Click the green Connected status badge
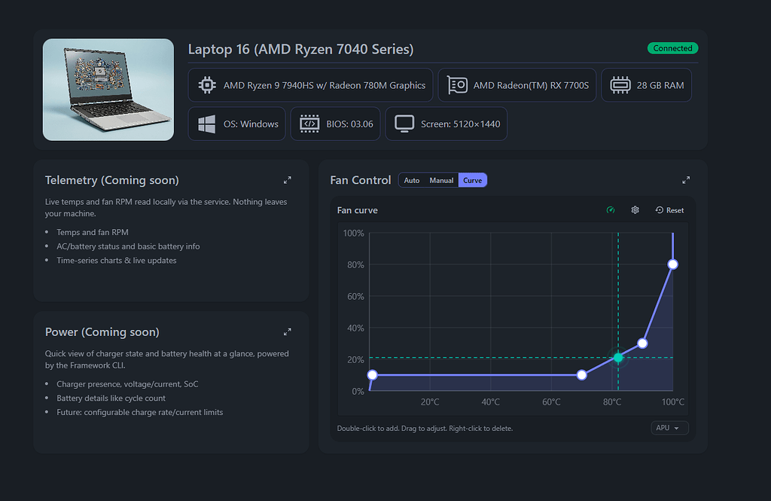tap(672, 48)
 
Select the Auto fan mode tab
tap(412, 180)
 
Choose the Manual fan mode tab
tap(441, 180)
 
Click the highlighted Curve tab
tap(473, 180)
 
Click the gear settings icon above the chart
tap(635, 210)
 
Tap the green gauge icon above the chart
tap(611, 210)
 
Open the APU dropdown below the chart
tap(669, 428)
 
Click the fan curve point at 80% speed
tap(672, 264)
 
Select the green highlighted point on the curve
tap(618, 357)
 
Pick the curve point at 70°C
tap(581, 374)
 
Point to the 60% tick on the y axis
tap(353, 297)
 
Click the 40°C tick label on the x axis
tap(491, 402)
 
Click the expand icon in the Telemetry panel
tap(287, 180)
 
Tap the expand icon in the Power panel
tap(287, 331)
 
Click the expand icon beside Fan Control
tap(685, 180)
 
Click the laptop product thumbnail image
tap(108, 89)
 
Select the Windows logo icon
tap(206, 124)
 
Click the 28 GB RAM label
tap(660, 85)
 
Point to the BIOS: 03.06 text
tap(349, 124)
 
